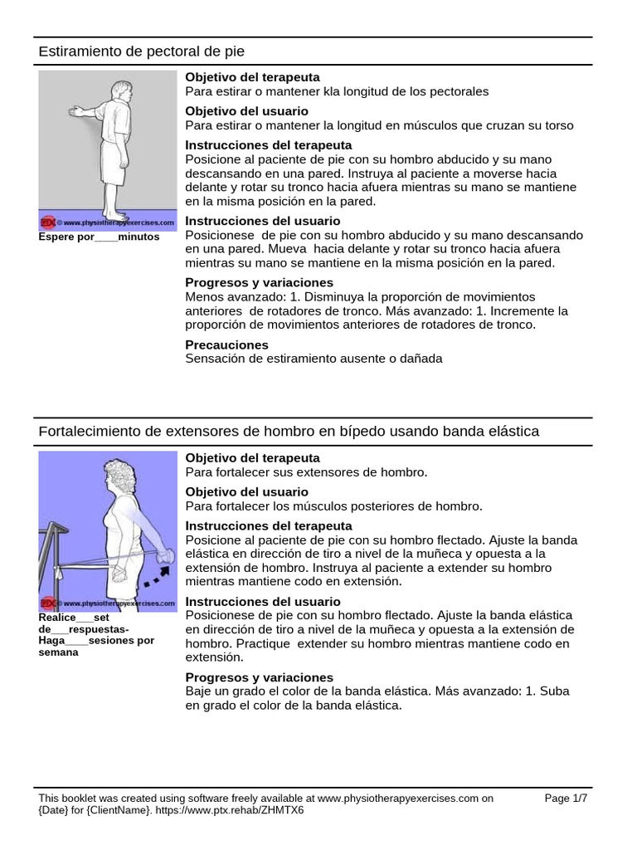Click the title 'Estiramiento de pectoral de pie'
142,51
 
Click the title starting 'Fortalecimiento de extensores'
289,432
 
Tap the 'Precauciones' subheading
226,344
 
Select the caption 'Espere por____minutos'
99,237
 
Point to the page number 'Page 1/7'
571,799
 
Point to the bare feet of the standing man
114,211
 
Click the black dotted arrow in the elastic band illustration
158,575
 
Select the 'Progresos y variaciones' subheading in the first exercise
247,282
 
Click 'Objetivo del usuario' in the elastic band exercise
246,491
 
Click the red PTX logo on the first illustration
48,222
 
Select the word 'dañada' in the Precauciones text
421,359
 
